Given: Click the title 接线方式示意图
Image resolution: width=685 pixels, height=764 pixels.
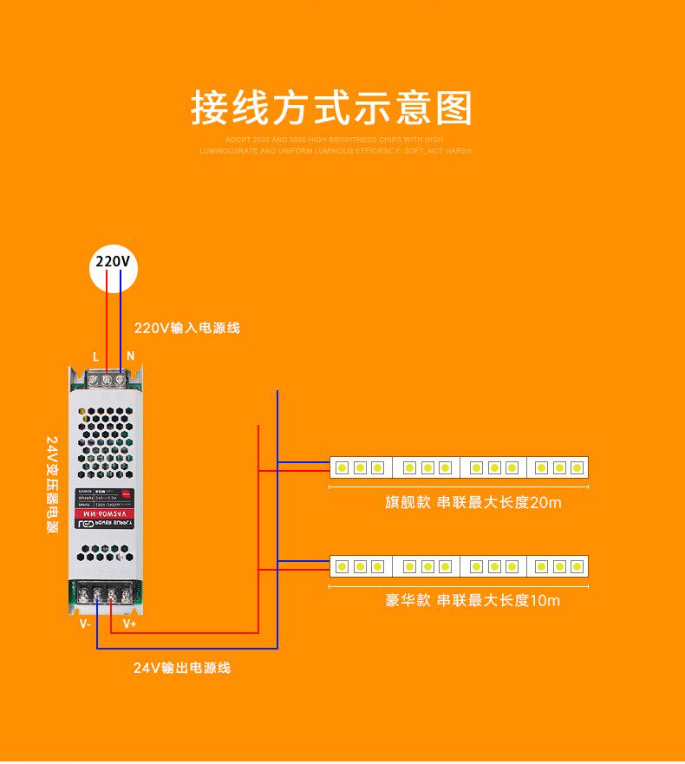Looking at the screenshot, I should [x=332, y=108].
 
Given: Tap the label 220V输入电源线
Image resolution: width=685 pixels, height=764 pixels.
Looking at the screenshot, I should [x=186, y=328].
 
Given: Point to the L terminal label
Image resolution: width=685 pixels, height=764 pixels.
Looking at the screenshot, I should [x=95, y=356].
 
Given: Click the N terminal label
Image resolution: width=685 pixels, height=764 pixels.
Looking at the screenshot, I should [x=130, y=356].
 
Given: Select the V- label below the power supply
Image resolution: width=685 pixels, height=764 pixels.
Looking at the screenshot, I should [x=85, y=623].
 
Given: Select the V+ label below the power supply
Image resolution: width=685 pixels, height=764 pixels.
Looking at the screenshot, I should [x=129, y=623].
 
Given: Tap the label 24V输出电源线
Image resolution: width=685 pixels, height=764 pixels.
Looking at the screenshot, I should [x=182, y=668].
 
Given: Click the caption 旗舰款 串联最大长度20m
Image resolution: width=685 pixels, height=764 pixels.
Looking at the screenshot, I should [x=473, y=502].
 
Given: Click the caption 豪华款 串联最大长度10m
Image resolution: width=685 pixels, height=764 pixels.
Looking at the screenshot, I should [x=473, y=600].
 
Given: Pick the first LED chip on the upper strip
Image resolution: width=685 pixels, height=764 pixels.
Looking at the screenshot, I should [x=342, y=468].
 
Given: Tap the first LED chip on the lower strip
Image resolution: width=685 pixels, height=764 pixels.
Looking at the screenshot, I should [x=342, y=567].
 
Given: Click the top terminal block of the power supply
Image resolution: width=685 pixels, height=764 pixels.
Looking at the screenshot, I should [x=107, y=378].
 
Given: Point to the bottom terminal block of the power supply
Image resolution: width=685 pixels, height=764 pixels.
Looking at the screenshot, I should [x=106, y=593].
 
